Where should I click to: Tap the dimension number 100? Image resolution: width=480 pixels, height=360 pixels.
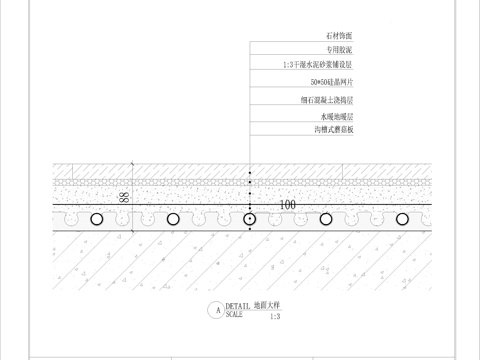coord(288,204)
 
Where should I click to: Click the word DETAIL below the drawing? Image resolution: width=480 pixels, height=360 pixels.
coord(237,306)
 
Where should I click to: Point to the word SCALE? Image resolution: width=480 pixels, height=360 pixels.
coord(234,314)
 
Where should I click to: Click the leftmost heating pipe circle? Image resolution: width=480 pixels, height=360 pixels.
coord(96,218)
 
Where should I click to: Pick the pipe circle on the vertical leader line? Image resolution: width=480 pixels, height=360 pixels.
coord(249,218)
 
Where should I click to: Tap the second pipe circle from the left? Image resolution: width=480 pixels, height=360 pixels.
coord(173,218)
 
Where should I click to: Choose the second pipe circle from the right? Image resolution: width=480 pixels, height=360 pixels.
coord(326,218)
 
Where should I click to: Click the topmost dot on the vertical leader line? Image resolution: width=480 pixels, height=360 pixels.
coord(249,164)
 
